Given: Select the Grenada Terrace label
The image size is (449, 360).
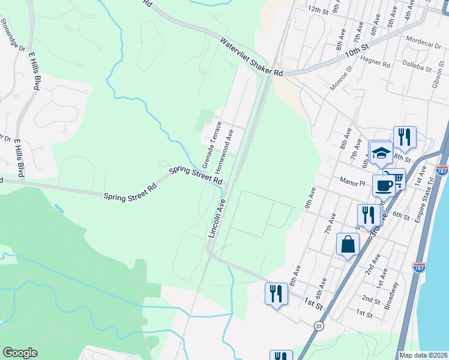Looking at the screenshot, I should point(212,145).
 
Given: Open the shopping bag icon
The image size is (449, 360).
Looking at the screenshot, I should point(348,245).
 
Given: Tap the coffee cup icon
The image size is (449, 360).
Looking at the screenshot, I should point(384,185).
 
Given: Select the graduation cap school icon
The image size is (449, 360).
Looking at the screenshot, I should point(381,154).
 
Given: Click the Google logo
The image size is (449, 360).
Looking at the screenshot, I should point(20,353).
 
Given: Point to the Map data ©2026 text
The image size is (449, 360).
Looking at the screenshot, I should point(423,355).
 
